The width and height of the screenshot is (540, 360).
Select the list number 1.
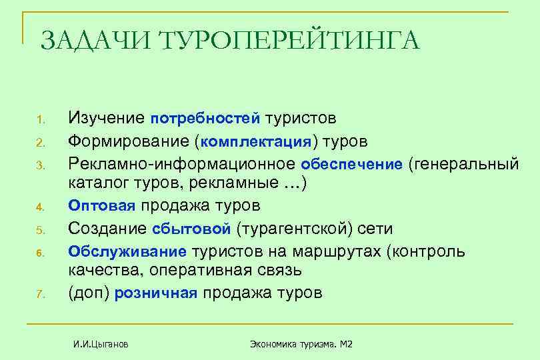click(x=39, y=121)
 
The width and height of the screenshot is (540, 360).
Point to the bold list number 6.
click(x=39, y=253)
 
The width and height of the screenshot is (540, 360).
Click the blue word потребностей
click(x=205, y=119)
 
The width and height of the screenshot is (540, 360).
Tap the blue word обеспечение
click(x=352, y=163)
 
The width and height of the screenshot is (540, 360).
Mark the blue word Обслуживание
click(x=129, y=251)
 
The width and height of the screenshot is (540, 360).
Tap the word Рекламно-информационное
click(x=182, y=163)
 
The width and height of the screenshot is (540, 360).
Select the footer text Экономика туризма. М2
click(x=301, y=344)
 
